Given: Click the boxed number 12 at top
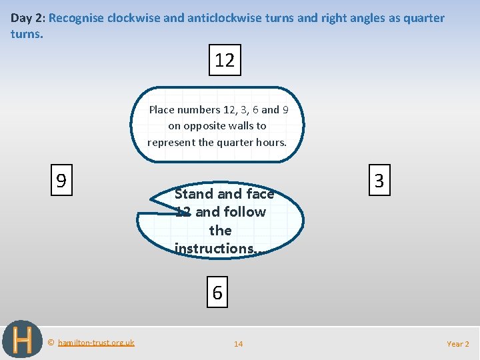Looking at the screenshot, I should (225, 61).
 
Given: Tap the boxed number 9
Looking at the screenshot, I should (61, 181).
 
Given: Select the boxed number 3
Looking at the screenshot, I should (379, 181).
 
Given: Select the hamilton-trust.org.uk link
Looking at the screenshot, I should (96, 343).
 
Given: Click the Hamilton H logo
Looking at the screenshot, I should (22, 340).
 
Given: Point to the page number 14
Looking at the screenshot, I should (238, 344).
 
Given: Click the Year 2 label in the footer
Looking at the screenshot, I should (458, 344).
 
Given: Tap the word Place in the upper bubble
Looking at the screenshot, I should (163, 109).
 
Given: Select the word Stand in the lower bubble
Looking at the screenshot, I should (194, 194).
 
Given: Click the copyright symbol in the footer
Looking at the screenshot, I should (51, 343).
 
